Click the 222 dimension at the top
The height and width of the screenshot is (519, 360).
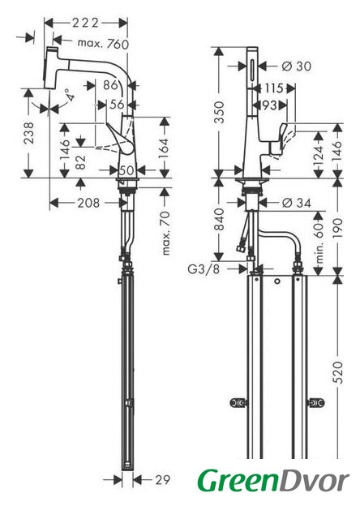pyautogui.click(x=86, y=23)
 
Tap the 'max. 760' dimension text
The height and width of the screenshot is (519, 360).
pyautogui.click(x=103, y=43)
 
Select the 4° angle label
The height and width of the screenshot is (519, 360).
pyautogui.click(x=69, y=96)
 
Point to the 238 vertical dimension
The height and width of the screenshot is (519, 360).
pyautogui.click(x=29, y=132)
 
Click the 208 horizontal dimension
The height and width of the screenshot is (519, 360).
pyautogui.click(x=88, y=203)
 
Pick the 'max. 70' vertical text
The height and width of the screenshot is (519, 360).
pyautogui.click(x=166, y=233)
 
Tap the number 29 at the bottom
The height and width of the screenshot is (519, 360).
pyautogui.click(x=162, y=479)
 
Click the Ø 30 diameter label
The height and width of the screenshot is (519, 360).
pyautogui.click(x=297, y=66)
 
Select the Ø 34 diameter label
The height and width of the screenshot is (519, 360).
pyautogui.click(x=297, y=203)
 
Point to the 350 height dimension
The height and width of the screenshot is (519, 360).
pyautogui.click(x=219, y=112)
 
